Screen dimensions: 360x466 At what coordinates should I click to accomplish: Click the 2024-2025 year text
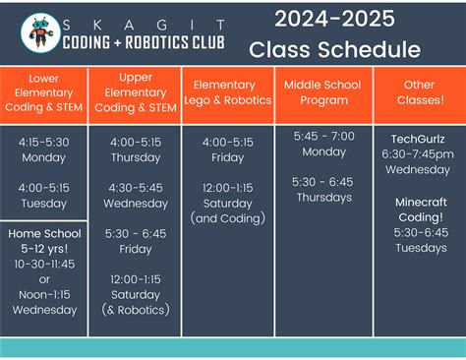click(x=334, y=19)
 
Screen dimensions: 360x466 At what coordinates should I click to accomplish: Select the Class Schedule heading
click(x=334, y=50)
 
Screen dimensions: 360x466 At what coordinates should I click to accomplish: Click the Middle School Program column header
click(x=322, y=92)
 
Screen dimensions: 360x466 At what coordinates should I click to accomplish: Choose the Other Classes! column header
click(x=420, y=92)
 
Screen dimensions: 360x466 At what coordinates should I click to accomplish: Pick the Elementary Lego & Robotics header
click(x=228, y=92)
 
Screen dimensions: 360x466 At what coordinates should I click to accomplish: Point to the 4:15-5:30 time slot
click(x=44, y=142)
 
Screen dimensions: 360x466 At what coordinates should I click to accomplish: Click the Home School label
click(x=44, y=233)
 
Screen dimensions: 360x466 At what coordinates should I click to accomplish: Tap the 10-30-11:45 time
click(x=44, y=265)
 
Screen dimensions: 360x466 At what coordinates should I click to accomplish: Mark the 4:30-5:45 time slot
click(x=135, y=188)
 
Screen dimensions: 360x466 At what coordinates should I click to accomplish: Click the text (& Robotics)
click(x=135, y=310)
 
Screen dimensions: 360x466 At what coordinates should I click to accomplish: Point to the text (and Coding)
click(x=228, y=217)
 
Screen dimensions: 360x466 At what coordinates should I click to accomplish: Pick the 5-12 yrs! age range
click(x=44, y=249)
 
